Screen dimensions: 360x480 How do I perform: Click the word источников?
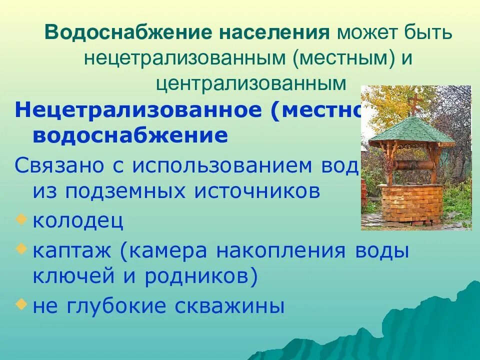pos(259,191)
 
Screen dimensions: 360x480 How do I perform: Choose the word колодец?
pos(78,220)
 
